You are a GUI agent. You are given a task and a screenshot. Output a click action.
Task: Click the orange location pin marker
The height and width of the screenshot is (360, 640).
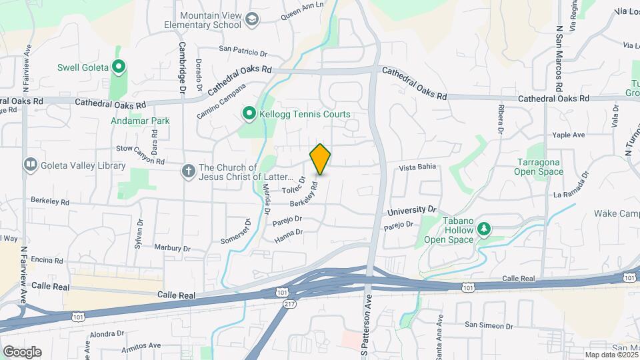320,159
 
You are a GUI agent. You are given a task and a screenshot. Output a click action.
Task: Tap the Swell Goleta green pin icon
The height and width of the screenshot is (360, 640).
119,67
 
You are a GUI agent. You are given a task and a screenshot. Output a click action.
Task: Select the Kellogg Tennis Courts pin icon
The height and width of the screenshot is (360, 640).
249,114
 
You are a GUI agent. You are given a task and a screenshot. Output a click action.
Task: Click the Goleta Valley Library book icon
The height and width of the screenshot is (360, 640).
29,164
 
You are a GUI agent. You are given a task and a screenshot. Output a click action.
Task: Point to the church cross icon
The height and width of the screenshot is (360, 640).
189,171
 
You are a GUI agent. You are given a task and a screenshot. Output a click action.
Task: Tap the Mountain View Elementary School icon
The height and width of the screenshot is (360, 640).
252,20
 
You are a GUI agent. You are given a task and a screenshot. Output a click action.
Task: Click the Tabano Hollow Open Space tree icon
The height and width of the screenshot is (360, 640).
483,230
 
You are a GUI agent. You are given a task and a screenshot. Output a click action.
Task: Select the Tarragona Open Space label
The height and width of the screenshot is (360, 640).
539,167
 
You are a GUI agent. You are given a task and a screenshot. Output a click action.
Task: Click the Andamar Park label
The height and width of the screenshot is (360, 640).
140,121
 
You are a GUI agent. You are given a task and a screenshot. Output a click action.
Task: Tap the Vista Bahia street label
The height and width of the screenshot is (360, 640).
416,169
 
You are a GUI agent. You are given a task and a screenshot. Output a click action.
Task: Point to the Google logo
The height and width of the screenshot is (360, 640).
22,352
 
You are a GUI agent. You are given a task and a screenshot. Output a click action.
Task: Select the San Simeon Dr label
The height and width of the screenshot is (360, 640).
489,326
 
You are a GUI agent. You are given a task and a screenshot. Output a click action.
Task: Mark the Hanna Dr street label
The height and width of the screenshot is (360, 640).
289,233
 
